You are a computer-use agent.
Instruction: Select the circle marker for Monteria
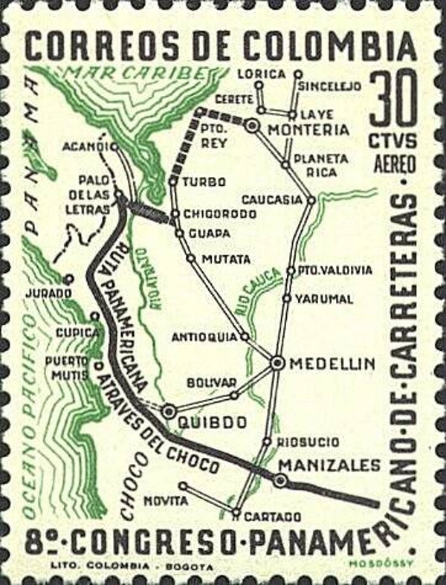pyautogui.click(x=253, y=126)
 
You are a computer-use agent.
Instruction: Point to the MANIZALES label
pyautogui.click(x=329, y=465)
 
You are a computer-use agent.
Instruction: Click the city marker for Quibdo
pyautogui.click(x=169, y=410)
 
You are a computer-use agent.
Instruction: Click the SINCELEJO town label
pyautogui.click(x=330, y=86)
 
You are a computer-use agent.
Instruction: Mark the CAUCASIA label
pyautogui.click(x=272, y=199)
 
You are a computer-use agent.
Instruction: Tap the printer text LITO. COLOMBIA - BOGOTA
pyautogui.click(x=132, y=567)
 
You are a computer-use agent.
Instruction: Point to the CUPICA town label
pyautogui.click(x=77, y=332)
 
